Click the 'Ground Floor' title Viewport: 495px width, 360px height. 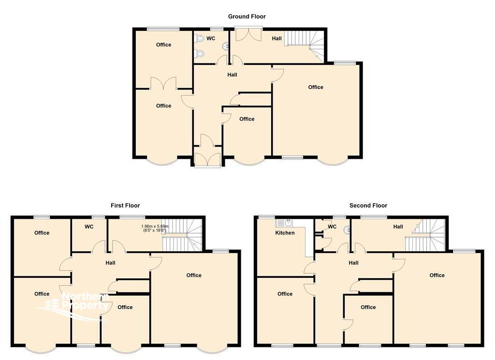pos(247,16)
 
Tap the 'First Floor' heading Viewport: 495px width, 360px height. pos(125,206)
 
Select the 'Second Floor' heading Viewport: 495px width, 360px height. pos(368,206)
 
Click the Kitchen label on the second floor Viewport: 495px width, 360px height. pos(285,233)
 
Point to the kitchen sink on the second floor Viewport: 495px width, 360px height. pos(284,223)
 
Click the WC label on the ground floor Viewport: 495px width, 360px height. pos(211,39)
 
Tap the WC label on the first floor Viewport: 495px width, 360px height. pos(89,226)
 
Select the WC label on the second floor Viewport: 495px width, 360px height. pos(332,226)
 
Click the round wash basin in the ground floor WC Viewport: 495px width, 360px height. pos(226,47)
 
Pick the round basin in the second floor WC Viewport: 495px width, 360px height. pos(347,230)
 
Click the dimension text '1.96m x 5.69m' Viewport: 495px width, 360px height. pos(155,226)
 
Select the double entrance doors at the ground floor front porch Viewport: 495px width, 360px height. pos(207,160)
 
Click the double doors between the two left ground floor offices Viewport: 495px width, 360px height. pos(163,83)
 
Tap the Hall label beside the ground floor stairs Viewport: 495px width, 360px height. pos(277,39)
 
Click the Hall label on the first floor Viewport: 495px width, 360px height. pos(111,263)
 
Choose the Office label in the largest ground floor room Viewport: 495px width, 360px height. pos(316,87)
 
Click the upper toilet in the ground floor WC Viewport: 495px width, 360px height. pos(200,39)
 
